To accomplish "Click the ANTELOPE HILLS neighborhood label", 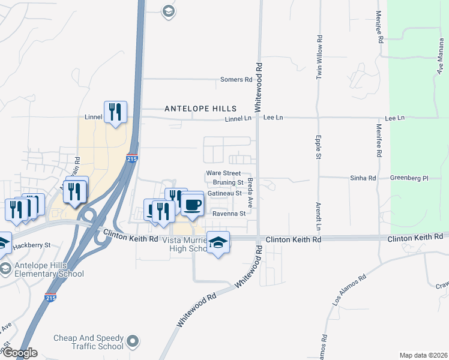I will pyautogui.click(x=200, y=109).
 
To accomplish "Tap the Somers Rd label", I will pyautogui.click(x=236, y=80).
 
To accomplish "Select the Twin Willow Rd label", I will pyautogui.click(x=319, y=58).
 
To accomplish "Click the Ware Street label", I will pyautogui.click(x=223, y=173).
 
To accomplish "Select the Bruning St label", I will pyautogui.click(x=228, y=182).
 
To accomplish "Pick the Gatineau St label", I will pyautogui.click(x=224, y=193).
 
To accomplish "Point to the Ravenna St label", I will pyautogui.click(x=229, y=214).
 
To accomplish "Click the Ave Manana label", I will pyautogui.click(x=441, y=60).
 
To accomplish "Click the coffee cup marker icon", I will pyautogui.click(x=192, y=205).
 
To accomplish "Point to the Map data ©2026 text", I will pyautogui.click(x=423, y=355).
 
